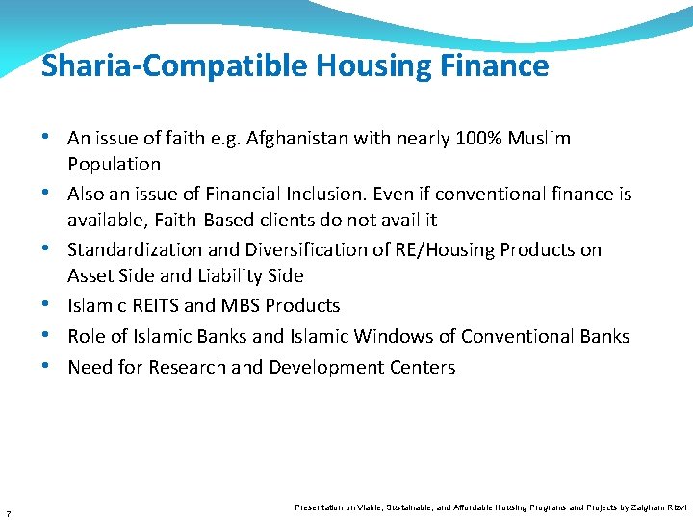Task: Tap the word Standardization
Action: tap(137, 250)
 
